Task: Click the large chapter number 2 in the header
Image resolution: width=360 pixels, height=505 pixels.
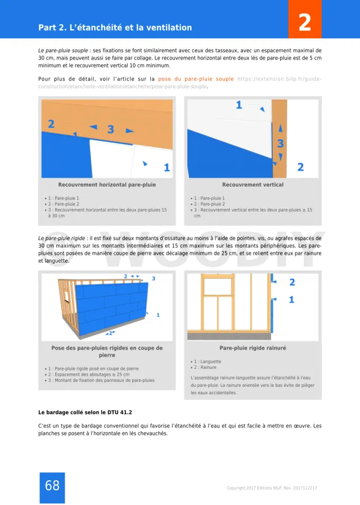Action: (x=304, y=23)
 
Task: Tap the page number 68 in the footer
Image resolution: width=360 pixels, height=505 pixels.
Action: (x=52, y=485)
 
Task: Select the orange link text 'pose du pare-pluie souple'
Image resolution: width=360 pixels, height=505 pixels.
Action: (x=196, y=79)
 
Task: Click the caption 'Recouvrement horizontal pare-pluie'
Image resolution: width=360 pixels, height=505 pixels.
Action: (x=107, y=184)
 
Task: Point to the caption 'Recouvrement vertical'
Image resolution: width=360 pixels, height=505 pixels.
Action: (x=253, y=184)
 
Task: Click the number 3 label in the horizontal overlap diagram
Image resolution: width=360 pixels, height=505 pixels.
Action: (x=111, y=129)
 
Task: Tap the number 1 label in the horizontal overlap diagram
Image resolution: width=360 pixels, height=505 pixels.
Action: (x=166, y=167)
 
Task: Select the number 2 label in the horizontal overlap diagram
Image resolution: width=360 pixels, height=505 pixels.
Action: (x=51, y=124)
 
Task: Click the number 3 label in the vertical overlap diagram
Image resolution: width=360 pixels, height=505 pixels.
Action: (x=280, y=144)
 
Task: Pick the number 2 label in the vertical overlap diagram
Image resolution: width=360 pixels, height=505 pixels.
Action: (x=300, y=167)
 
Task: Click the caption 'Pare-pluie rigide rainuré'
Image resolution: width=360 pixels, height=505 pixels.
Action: (x=253, y=348)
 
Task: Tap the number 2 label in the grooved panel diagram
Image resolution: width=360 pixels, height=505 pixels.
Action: (x=291, y=282)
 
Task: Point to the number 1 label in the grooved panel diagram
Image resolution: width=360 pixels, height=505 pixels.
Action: (x=291, y=300)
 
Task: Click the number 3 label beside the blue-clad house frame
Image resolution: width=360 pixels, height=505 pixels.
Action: (x=154, y=278)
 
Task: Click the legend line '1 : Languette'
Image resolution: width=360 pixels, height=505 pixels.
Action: (x=207, y=362)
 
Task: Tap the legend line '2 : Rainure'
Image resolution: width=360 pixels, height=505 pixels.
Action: (x=205, y=367)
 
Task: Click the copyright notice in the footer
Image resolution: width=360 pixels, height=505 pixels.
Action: (x=272, y=488)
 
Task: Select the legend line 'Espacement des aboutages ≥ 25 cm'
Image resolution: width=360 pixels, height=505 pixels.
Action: (x=90, y=375)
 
